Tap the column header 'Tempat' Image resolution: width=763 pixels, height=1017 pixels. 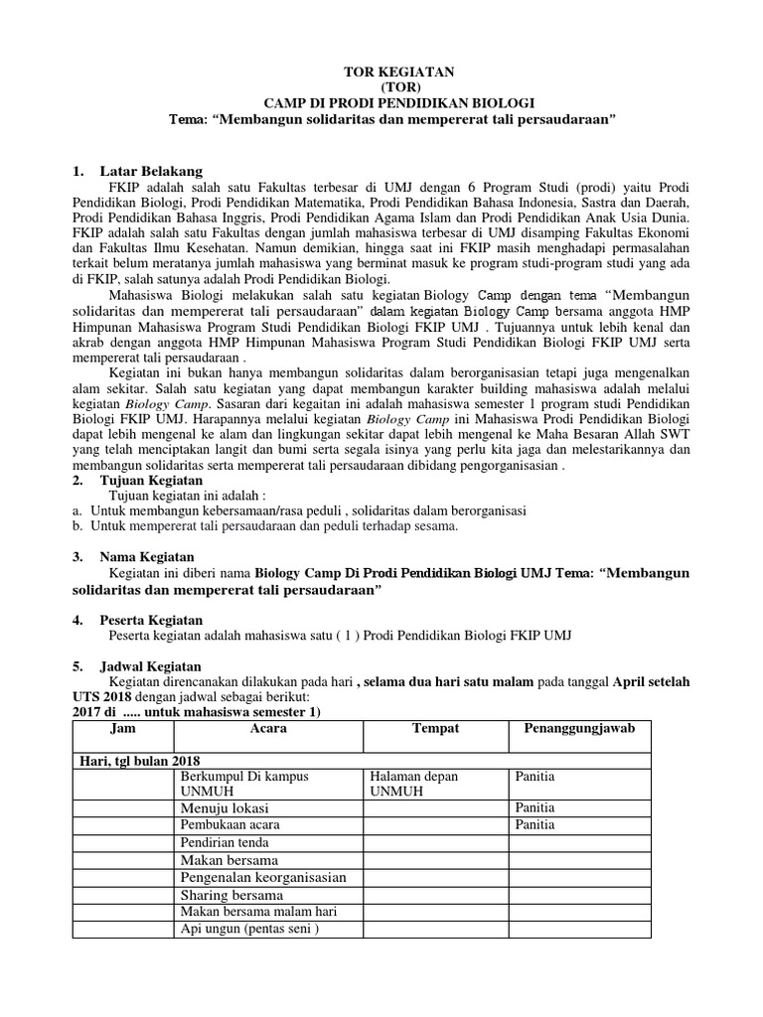(435, 729)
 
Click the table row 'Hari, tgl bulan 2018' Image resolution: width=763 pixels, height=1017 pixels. (139, 760)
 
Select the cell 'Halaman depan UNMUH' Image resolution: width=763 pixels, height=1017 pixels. (415, 783)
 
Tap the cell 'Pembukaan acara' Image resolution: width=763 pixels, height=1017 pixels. (229, 825)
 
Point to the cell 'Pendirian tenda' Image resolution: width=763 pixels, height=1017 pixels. (227, 843)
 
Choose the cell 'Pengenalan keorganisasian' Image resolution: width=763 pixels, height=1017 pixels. (262, 878)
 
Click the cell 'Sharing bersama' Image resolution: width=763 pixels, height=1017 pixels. (230, 896)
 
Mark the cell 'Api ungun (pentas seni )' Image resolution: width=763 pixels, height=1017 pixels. (248, 931)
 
